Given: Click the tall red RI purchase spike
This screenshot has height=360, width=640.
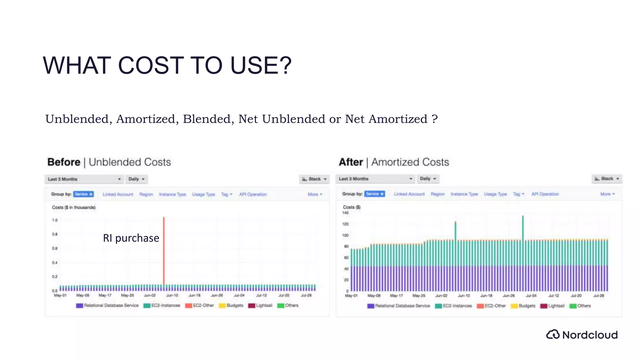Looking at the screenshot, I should coord(164,250).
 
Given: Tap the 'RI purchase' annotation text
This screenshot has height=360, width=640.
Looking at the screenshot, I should coord(131,238).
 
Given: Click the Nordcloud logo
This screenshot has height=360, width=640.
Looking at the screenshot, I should coord(582,335).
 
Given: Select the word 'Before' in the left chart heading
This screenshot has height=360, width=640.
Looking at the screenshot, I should coord(64,162).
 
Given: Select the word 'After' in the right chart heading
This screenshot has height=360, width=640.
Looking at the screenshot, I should coord(351,162).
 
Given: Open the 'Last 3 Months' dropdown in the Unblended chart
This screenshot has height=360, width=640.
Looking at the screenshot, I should coord(84,179).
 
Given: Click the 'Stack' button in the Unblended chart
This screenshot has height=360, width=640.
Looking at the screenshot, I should coord(314,179).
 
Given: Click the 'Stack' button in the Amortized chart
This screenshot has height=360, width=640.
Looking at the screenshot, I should coord(607,179).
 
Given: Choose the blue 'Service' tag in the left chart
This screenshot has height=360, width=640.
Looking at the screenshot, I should coord(83,194).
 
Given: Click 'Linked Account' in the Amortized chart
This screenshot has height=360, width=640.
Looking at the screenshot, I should coord(409,194).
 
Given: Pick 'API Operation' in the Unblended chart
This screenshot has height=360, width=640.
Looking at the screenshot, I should coord(253,194).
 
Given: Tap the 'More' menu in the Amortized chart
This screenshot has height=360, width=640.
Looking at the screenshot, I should coord(607,194).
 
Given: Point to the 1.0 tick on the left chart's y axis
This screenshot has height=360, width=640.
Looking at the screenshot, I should coord(55,220).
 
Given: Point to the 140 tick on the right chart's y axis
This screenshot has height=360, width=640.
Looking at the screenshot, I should coord(345,213).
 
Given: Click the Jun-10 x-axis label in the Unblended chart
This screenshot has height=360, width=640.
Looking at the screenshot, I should coord(172,295).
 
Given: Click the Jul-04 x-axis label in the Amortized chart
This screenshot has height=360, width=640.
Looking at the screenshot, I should coord(531,296).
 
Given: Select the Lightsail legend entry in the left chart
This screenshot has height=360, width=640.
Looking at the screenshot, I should coord(260,306).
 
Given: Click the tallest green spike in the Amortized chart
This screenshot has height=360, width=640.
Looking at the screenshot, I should coord(523,228).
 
